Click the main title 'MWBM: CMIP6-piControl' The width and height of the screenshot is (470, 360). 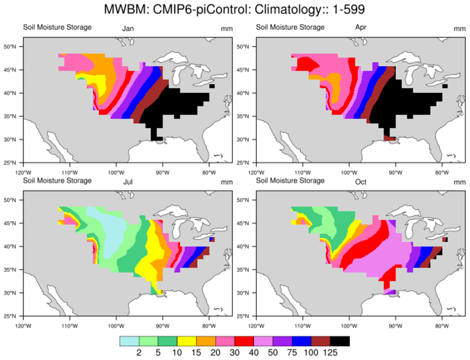pyautogui.click(x=235, y=9)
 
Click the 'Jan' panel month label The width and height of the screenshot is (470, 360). pyautogui.click(x=128, y=29)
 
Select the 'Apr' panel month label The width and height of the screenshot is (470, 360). pyautogui.click(x=361, y=28)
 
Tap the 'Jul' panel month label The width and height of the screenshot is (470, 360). pyautogui.click(x=128, y=182)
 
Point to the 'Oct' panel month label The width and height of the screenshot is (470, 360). pyautogui.click(x=361, y=182)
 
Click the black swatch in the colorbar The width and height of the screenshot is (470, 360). pyautogui.click(x=340, y=341)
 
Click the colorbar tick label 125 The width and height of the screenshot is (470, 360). pyautogui.click(x=330, y=353)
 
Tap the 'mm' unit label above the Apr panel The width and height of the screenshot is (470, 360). pyautogui.click(x=459, y=29)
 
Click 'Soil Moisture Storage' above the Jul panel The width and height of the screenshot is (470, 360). pyautogui.click(x=57, y=181)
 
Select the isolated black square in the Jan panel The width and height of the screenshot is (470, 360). pyautogui.click(x=212, y=86)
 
